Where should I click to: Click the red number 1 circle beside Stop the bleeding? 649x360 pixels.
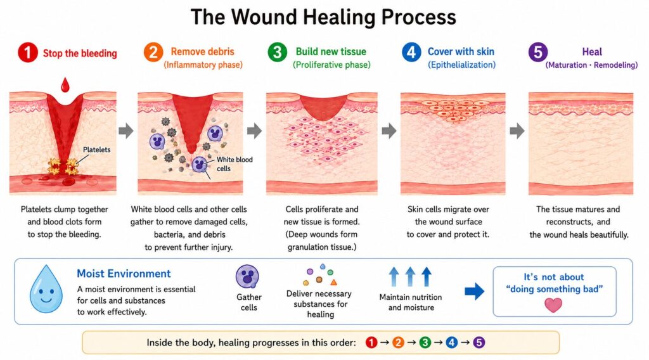pos(28,53)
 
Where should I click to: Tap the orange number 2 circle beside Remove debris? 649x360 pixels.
pos(153,53)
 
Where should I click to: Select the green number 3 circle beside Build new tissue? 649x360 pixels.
pos(278,53)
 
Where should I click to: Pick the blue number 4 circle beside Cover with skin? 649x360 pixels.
pos(411,52)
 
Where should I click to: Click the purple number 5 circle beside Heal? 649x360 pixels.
pos(538,52)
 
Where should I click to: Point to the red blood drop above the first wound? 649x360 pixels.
pos(65,84)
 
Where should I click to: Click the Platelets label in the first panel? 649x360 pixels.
pos(97,150)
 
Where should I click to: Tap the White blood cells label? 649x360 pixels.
pos(235,164)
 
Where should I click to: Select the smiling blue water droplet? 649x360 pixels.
pos(46,289)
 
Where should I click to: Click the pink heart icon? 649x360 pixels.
pos(553,305)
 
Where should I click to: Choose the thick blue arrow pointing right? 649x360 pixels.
pos(474,292)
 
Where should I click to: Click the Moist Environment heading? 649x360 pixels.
pos(124,274)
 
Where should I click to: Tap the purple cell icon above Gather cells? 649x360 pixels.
pos(248,276)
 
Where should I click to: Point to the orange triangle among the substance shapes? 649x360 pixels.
pos(333,283)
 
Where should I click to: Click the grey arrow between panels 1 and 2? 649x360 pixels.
pos(126,131)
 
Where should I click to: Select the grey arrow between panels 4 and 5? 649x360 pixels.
pos(517,131)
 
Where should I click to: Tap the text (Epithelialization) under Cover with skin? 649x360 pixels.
pos(461,65)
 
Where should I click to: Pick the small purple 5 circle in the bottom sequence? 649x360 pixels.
pos(479,343)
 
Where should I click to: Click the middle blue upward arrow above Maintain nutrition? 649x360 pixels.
pos(410,276)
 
